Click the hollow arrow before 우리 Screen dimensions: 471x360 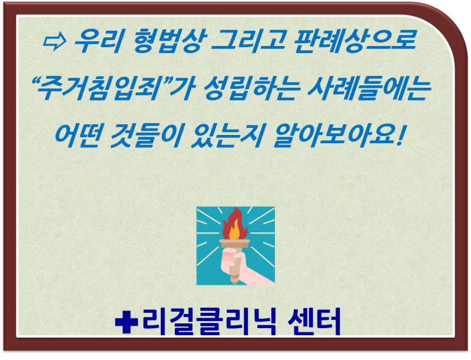(55, 41)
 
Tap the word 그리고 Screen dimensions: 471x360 (248, 41)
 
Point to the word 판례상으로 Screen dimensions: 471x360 (355, 41)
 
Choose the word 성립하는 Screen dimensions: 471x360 (252, 88)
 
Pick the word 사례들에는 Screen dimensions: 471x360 (369, 88)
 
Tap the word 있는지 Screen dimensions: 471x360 (227, 136)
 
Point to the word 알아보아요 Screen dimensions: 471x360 (334, 136)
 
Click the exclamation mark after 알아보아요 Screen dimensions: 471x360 (400, 136)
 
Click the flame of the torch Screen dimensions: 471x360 (234, 223)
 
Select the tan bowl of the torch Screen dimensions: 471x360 (234, 243)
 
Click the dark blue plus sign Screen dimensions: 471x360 (127, 321)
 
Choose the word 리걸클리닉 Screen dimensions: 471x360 (209, 321)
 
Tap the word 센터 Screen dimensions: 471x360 (314, 321)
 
